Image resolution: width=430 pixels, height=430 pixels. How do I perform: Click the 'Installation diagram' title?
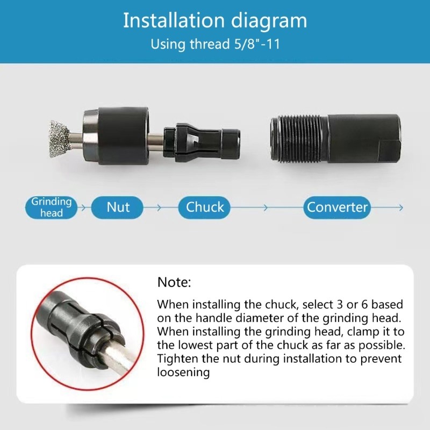pyautogui.click(x=215, y=20)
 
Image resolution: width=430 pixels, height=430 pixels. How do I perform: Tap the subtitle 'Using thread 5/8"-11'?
pyautogui.click(x=215, y=44)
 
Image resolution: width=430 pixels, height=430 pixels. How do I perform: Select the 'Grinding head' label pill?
pyautogui.click(x=51, y=207)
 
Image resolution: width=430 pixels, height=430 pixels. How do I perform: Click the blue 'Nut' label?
pyautogui.click(x=118, y=207)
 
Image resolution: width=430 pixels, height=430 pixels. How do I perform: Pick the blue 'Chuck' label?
pyautogui.click(x=205, y=207)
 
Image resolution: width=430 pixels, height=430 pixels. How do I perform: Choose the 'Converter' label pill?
pyautogui.click(x=337, y=207)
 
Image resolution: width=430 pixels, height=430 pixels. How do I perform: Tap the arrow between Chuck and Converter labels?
pyautogui.click(x=264, y=207)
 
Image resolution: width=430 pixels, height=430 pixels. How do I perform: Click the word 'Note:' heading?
pyautogui.click(x=174, y=282)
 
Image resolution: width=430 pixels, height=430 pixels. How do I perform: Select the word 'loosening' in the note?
pyautogui.click(x=183, y=372)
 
